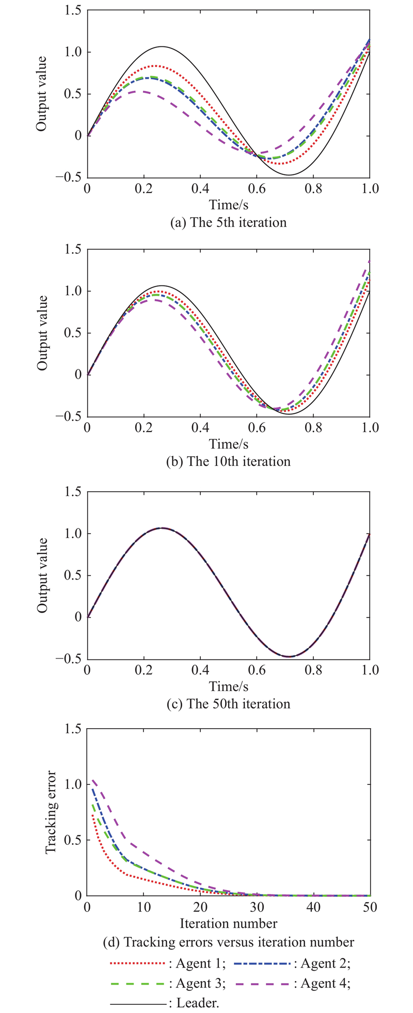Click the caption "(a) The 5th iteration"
tap(228, 222)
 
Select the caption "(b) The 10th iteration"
tap(228, 461)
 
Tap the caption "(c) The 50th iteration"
tap(228, 704)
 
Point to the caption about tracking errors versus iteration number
tap(228, 942)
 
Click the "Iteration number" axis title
tap(228, 923)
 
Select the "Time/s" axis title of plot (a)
tap(228, 205)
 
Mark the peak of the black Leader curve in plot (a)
tap(162, 46)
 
